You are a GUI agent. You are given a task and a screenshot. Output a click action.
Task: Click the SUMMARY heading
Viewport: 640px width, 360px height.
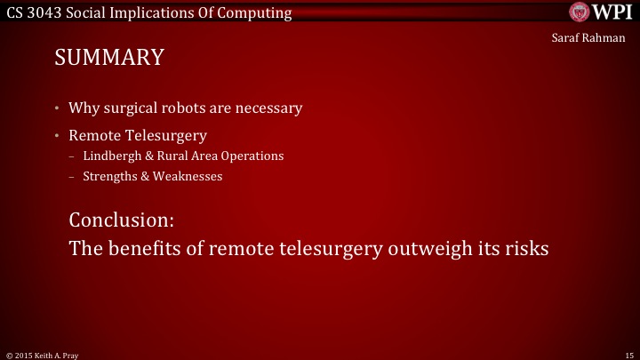tap(109, 58)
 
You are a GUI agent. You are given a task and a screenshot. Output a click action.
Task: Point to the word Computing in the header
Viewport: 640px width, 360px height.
tap(259, 13)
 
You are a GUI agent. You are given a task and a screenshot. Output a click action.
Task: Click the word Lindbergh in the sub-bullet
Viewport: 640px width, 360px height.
tap(109, 156)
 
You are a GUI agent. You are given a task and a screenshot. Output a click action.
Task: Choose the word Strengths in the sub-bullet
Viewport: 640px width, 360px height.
tap(108, 176)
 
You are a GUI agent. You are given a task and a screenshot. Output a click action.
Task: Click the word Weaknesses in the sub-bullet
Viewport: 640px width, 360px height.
tap(188, 176)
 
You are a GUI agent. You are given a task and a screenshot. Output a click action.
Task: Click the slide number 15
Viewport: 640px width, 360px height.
tap(628, 354)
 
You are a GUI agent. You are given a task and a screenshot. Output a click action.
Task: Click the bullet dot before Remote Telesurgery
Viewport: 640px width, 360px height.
tap(56, 136)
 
